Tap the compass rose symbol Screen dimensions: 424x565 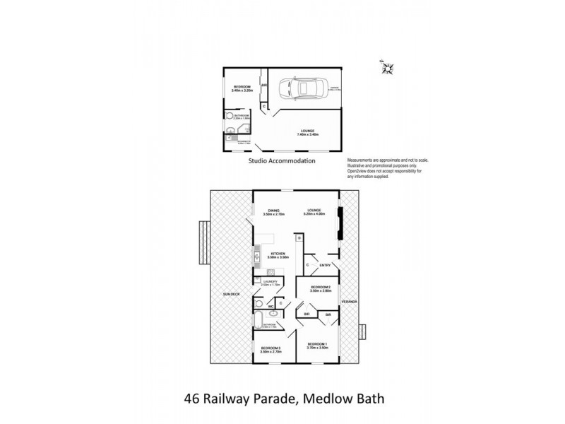click(386, 68)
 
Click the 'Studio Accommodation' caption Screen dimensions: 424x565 click(282, 161)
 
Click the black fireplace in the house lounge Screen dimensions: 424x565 click(340, 224)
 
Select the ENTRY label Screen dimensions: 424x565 click(325, 265)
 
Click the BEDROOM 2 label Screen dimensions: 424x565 click(320, 289)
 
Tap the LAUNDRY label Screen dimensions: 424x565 click(271, 283)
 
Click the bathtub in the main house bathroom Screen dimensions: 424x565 click(258, 319)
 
